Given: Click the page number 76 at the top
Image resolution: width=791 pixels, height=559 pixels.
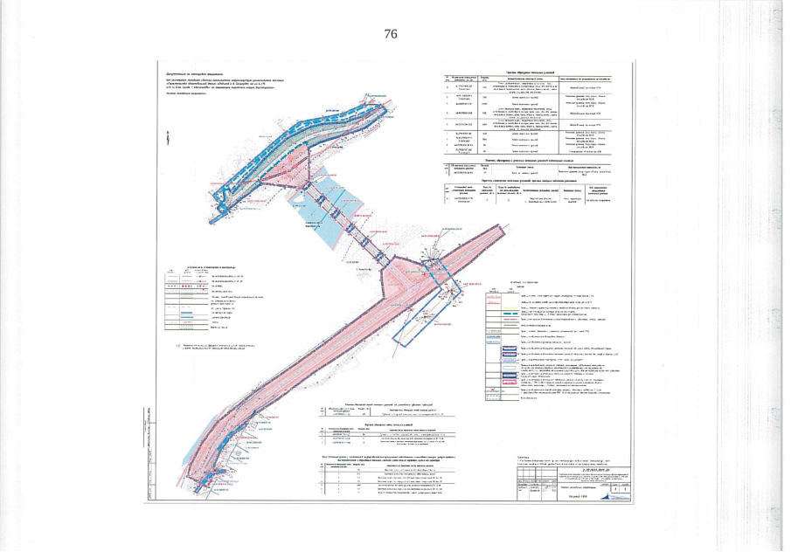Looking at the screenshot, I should [391, 34].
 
